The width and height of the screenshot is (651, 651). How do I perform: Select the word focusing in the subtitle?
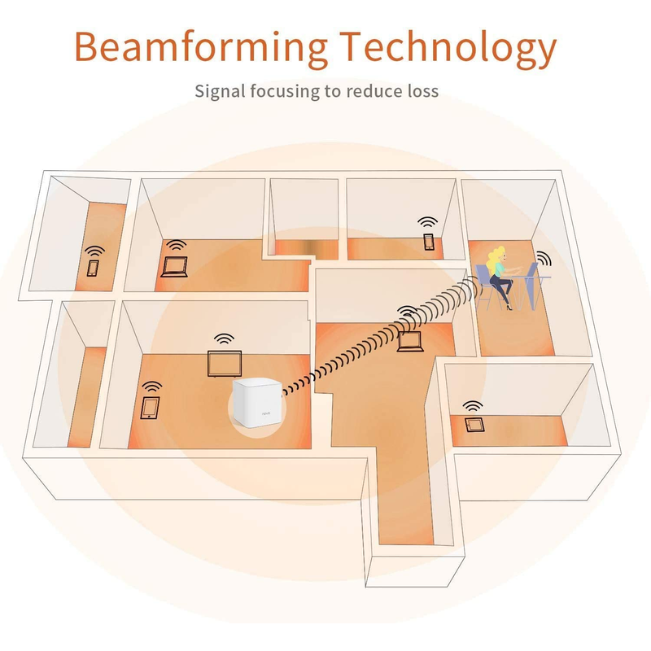coord(285,91)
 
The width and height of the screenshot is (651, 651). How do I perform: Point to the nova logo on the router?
coord(266,413)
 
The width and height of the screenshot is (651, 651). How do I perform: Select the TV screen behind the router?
coord(225,364)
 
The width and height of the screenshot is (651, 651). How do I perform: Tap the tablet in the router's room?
coord(150,409)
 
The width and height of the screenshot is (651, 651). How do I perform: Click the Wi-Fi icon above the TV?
coord(225,339)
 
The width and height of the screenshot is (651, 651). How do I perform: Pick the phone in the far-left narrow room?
coord(93,268)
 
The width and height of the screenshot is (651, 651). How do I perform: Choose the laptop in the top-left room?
coord(175,267)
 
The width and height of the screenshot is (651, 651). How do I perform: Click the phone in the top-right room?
coord(429,242)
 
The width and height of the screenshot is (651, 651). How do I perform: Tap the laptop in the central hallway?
coord(410,342)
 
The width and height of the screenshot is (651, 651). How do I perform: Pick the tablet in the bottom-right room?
coord(474,425)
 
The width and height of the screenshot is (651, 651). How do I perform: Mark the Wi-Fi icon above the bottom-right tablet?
coord(473,405)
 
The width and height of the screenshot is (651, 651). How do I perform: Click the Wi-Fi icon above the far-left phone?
coord(95,251)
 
